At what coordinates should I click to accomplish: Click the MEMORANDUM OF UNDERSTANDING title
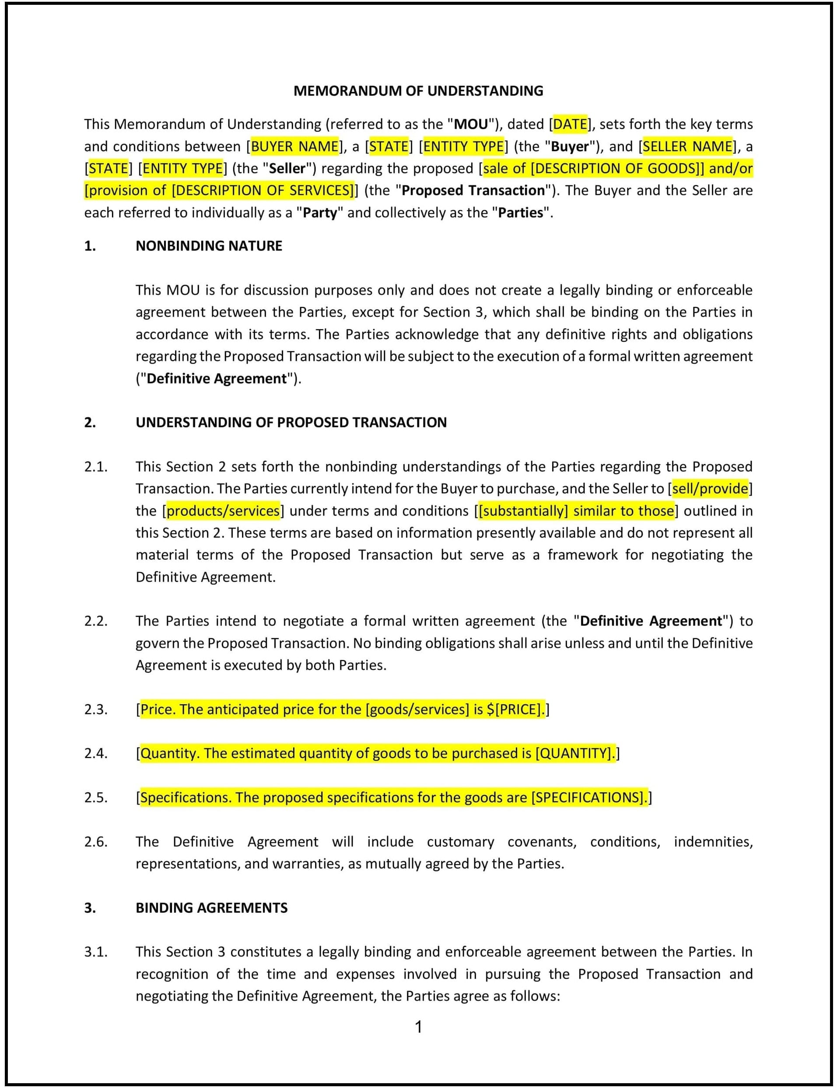418,90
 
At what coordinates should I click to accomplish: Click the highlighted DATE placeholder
571,124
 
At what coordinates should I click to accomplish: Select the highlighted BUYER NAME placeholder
294,146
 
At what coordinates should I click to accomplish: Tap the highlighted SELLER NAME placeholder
687,146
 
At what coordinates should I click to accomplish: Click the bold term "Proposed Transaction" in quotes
473,191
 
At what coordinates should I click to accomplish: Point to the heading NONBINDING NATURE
209,246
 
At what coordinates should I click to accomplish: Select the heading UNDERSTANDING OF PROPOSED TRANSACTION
291,423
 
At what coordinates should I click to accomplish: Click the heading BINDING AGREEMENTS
211,908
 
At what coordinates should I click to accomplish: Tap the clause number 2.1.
96,467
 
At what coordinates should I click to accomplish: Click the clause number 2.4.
96,754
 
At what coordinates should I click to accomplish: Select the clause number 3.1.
96,952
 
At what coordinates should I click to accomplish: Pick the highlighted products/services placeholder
223,511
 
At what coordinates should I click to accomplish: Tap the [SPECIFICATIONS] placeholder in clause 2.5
588,798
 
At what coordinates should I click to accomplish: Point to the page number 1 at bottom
418,1027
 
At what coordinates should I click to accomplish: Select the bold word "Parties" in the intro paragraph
520,213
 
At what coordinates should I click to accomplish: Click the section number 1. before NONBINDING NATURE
90,246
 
